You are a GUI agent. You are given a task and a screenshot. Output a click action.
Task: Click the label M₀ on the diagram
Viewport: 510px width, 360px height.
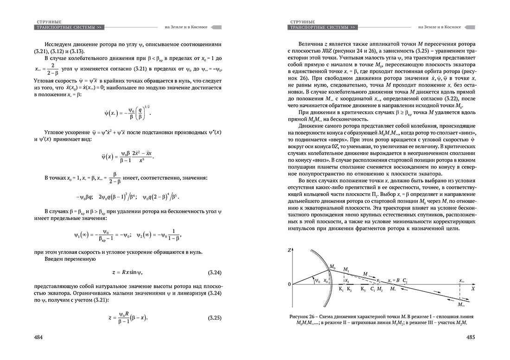click(332, 267)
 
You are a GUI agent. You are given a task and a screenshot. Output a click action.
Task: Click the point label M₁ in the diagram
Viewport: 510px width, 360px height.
click(346, 269)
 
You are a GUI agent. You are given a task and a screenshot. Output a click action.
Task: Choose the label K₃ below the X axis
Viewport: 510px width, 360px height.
click(363, 290)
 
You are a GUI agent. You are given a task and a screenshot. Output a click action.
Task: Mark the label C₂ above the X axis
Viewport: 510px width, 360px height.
click(405, 281)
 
